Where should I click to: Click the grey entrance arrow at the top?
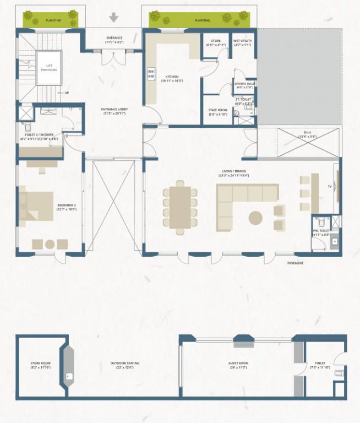click(114, 18)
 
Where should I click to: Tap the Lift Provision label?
click(48, 67)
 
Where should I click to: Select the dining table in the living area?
click(180, 207)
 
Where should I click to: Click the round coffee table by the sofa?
click(256, 218)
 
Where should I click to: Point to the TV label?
click(330, 186)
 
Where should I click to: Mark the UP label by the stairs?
click(67, 93)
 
